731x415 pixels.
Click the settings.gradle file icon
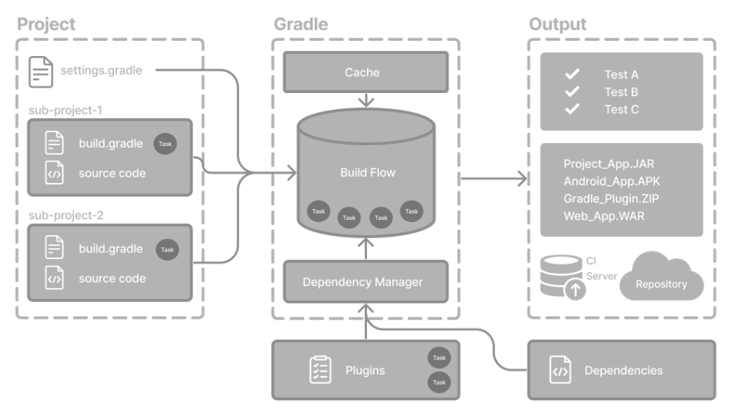coord(41,71)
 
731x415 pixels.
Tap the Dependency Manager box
coord(362,282)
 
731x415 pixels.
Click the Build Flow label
coord(368,173)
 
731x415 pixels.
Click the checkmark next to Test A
coord(572,75)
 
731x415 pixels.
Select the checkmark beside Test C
coord(572,109)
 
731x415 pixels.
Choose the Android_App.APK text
coord(612,181)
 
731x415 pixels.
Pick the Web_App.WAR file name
coord(604,216)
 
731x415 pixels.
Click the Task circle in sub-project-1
coord(165,144)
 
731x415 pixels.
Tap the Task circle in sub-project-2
coord(167,249)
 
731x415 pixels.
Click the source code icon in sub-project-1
coord(54,173)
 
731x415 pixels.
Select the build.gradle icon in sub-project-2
coord(54,248)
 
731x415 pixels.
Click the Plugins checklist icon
coord(319,370)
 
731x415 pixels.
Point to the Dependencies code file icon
coord(560,370)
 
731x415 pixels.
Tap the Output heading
coord(557,24)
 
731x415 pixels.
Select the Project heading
coord(46,24)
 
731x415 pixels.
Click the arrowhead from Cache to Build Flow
coord(367,102)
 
